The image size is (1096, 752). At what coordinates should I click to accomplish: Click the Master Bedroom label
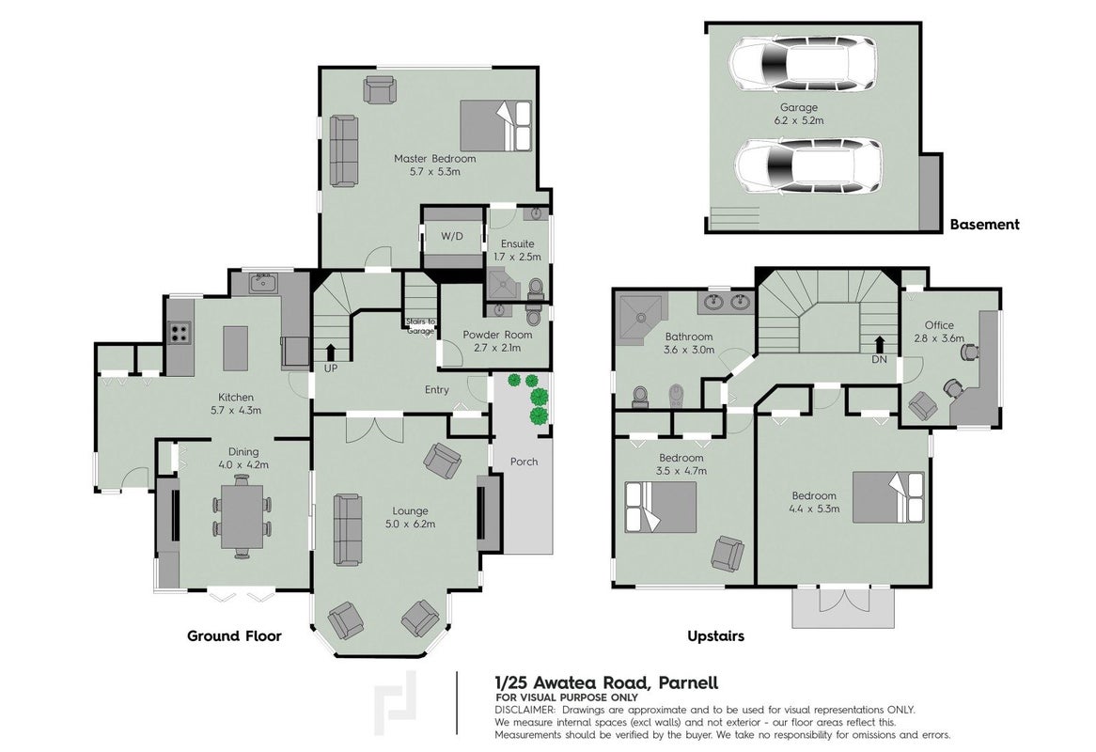tap(435, 159)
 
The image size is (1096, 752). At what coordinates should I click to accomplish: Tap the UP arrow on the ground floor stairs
tap(331, 352)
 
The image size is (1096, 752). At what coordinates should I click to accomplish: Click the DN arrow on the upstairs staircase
tap(879, 345)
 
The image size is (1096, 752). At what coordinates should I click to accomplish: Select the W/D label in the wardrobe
tap(452, 236)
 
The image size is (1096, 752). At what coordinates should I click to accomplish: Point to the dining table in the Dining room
tap(241, 516)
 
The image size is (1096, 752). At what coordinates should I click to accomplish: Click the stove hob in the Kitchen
tap(180, 332)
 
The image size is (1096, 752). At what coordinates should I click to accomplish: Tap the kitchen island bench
tap(236, 348)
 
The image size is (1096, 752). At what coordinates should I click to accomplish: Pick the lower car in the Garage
tap(808, 166)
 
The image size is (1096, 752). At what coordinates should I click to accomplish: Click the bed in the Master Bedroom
tap(496, 125)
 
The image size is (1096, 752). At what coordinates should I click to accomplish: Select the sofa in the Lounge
tap(348, 530)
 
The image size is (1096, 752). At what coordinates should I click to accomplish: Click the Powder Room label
tap(497, 335)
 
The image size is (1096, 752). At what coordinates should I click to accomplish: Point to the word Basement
tap(984, 225)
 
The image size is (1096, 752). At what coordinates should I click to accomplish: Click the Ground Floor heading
tap(234, 636)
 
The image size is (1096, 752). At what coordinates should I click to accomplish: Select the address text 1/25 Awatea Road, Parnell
tap(606, 682)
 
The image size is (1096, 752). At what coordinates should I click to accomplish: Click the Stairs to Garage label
tap(421, 325)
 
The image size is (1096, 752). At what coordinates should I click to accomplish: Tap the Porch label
tap(524, 462)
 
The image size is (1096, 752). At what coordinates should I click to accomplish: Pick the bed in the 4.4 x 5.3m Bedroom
tap(888, 497)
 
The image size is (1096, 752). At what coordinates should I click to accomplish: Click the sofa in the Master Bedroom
tap(343, 151)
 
